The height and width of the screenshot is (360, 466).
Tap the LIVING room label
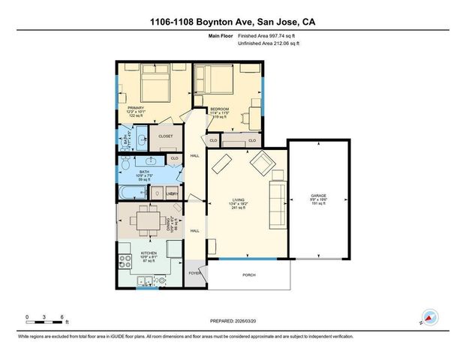point(238,201)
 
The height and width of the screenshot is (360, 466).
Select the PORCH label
point(248,274)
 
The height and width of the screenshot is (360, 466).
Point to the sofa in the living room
point(276,196)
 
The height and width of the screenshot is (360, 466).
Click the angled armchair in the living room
point(263,161)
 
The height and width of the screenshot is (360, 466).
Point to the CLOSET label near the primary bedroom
point(166,136)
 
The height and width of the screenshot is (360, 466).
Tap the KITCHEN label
point(149,253)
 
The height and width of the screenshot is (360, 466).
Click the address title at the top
point(233,22)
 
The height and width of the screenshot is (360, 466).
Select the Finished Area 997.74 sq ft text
point(257,36)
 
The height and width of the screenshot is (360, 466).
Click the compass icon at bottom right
point(429,316)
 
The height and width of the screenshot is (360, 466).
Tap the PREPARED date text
point(233,321)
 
